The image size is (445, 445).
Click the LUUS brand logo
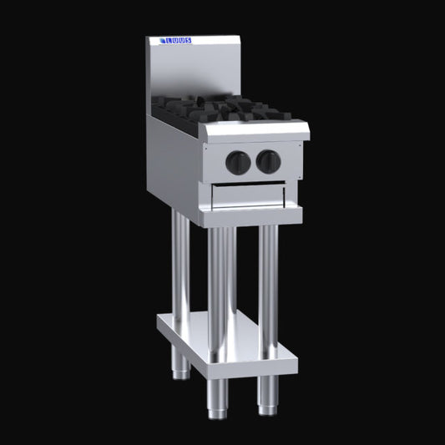coord(176,41)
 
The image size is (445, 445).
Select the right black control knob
coord(266,159)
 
